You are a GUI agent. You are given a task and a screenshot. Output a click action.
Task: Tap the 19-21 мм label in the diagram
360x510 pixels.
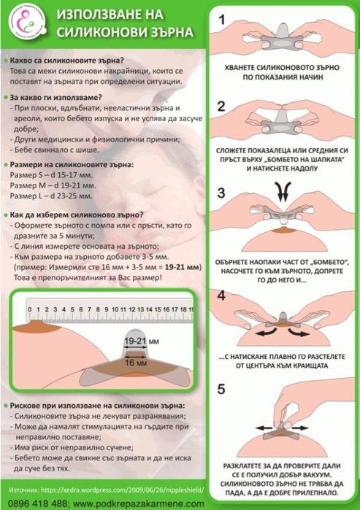coord(139,341)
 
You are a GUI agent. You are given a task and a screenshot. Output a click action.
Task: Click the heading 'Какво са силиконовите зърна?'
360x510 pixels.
coord(67,58)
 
